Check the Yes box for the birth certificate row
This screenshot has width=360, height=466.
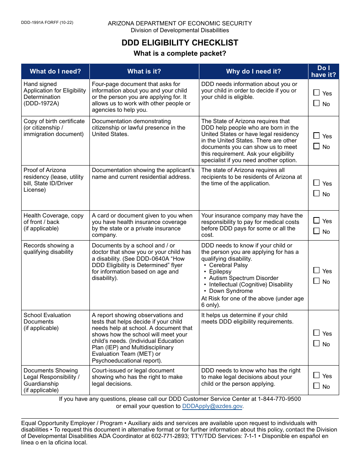click(316, 136)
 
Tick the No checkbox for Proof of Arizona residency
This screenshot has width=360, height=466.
click(316, 194)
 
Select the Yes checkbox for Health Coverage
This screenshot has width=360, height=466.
click(316, 220)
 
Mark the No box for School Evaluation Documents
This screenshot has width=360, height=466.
click(316, 344)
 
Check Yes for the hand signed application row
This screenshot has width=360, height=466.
click(316, 93)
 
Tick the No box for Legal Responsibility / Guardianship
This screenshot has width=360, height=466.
click(316, 386)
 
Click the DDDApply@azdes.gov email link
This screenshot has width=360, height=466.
click(212, 406)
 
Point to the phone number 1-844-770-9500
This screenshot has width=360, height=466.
click(279, 399)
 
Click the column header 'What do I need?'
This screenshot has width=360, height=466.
click(55, 71)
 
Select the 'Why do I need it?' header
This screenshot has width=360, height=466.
click(254, 71)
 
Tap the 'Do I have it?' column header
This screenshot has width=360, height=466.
click(324, 71)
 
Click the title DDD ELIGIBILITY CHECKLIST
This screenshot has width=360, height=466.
click(180, 43)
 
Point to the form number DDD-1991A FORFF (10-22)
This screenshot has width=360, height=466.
click(47, 23)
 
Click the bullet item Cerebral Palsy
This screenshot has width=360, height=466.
click(228, 265)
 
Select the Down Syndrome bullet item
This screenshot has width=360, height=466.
click(231, 291)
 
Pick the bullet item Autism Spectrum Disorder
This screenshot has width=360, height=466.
click(244, 278)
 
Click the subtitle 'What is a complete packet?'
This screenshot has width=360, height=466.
click(180, 53)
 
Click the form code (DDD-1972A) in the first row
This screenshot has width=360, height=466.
click(41, 103)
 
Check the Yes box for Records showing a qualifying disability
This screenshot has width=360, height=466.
click(316, 271)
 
